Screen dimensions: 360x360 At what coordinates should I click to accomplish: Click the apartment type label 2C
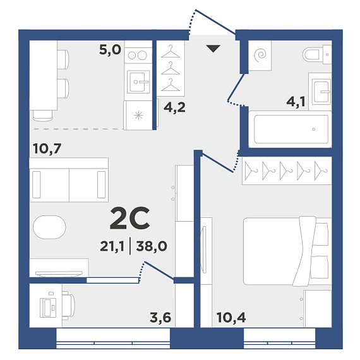coord(129,219)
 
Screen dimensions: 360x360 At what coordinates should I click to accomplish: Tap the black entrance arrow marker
coord(213,49)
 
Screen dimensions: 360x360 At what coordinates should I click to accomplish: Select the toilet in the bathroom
coord(317,55)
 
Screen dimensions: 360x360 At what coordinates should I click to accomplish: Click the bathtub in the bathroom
coord(290,129)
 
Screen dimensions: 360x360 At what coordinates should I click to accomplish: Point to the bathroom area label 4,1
coord(296,102)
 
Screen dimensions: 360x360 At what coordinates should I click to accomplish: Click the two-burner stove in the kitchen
coord(138,55)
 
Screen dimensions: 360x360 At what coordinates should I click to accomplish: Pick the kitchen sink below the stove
coord(139,81)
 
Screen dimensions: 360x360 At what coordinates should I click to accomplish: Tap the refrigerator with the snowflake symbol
coord(138,115)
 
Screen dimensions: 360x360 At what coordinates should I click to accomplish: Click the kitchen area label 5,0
coord(110,50)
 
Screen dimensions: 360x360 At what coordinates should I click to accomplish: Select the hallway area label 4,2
coord(174,107)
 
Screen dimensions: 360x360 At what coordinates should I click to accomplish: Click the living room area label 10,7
coord(47,148)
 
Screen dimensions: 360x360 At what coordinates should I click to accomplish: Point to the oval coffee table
coord(49,227)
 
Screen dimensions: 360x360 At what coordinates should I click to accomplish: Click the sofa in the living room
coord(69,180)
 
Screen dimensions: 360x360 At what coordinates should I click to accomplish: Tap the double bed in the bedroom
coord(287,251)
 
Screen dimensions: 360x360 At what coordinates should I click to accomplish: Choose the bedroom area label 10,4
coord(231,318)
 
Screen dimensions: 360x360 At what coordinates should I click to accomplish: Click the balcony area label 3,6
coord(160,318)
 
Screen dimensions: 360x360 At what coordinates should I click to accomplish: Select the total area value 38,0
coord(152,246)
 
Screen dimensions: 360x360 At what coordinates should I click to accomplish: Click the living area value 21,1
coord(112,246)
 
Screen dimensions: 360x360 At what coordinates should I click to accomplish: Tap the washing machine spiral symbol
coord(260,55)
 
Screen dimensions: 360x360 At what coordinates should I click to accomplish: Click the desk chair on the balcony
coord(69,306)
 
